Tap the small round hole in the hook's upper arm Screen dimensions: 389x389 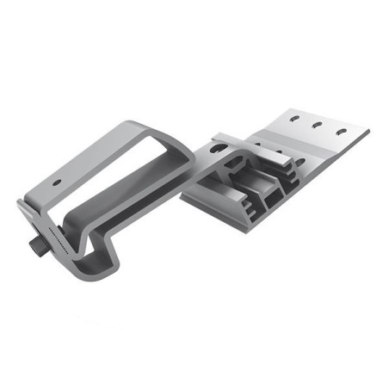(x=57, y=183)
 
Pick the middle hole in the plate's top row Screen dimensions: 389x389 (x=318, y=125)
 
